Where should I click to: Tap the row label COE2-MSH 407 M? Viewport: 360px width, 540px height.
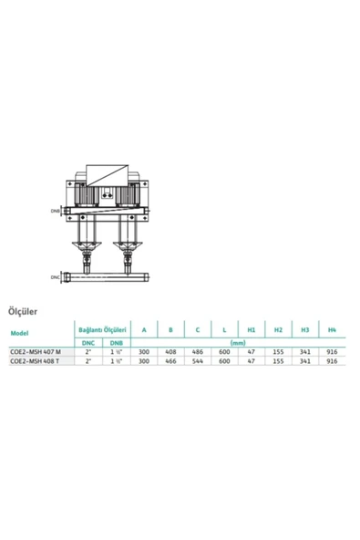(36, 352)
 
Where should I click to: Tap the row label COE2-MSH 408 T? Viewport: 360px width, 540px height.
(36, 361)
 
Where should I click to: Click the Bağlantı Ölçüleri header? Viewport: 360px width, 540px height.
(98, 328)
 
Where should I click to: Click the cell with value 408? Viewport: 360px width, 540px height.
(170, 352)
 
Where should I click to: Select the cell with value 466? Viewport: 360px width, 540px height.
(170, 361)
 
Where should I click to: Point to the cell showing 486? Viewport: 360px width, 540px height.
(196, 352)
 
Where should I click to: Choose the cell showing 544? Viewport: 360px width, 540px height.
(196, 361)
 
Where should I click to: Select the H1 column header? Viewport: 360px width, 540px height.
(251, 328)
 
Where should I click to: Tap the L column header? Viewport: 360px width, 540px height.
(223, 328)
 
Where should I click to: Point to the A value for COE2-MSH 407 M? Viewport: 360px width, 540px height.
(143, 352)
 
